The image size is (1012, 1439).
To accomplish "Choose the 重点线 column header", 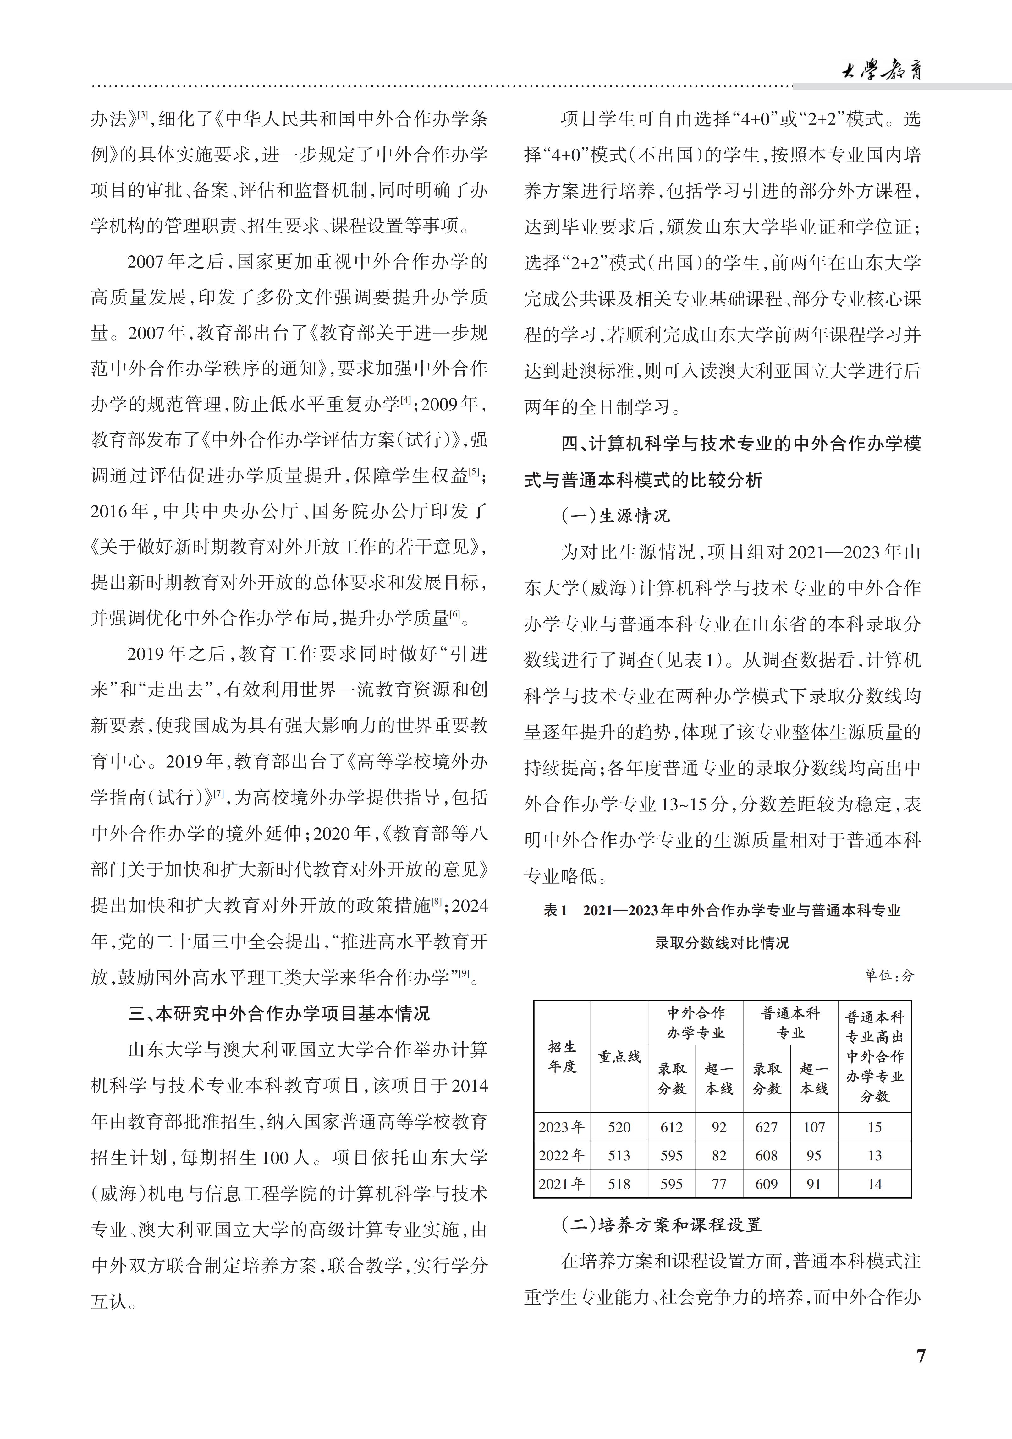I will coord(619,1057).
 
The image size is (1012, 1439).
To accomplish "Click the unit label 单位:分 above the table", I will coord(889,975).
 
